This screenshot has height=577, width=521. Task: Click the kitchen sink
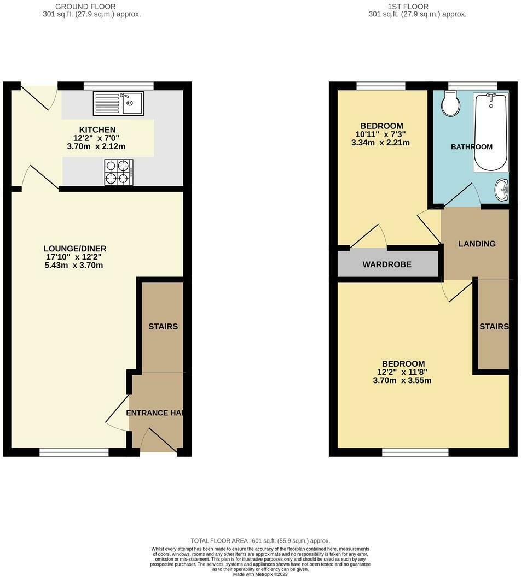pos(118,103)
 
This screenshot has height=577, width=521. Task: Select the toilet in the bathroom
pos(451,103)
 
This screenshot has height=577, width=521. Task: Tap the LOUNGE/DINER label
pos(76,249)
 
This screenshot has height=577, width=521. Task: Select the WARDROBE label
pos(387,264)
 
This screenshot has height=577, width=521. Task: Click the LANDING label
pos(477,244)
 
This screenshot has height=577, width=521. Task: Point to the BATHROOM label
pos(471,146)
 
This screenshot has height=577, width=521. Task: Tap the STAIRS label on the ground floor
pos(163,327)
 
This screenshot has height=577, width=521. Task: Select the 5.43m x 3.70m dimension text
pos(74,266)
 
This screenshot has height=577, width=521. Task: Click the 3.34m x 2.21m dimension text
pos(381,143)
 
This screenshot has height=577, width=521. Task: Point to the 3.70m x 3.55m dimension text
pos(403,380)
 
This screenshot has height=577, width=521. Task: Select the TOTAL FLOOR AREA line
pos(260,540)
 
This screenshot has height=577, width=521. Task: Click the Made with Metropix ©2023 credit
pos(260,574)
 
